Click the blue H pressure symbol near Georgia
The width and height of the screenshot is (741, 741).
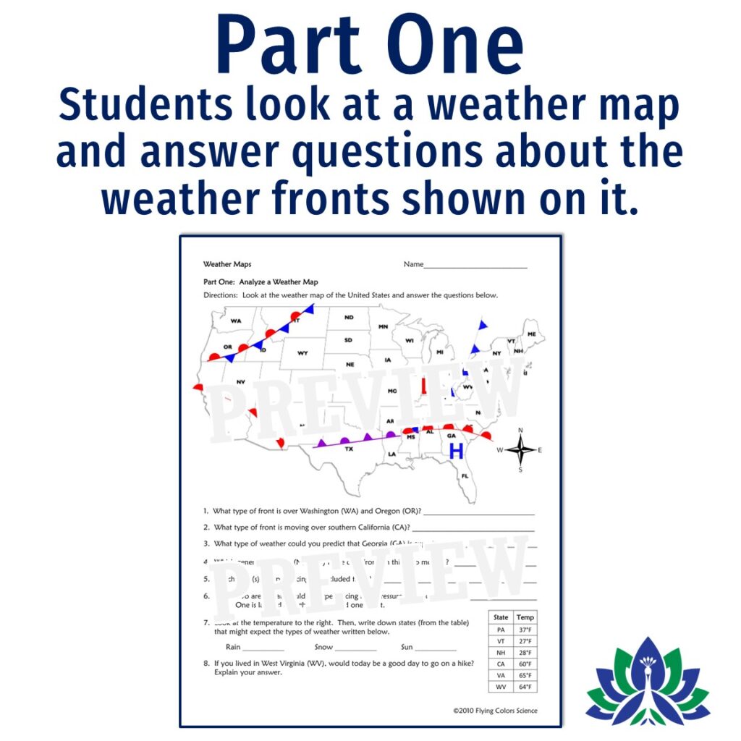(456, 452)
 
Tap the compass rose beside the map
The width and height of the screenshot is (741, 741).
(520, 449)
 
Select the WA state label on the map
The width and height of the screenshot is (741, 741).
(236, 321)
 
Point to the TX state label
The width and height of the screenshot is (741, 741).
(349, 449)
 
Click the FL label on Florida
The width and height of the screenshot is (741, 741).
(465, 476)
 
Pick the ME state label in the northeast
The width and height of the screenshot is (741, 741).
(532, 334)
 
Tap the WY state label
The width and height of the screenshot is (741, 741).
(302, 353)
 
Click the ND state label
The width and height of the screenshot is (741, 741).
(349, 317)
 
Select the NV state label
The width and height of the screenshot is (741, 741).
(241, 381)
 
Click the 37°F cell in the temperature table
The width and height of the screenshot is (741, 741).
(525, 630)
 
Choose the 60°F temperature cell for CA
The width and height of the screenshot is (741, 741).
(525, 664)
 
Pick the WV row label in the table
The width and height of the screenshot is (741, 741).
(501, 687)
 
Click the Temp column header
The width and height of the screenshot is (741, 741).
(525, 617)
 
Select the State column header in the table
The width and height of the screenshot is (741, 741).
(501, 617)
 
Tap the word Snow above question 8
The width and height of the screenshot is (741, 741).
(323, 647)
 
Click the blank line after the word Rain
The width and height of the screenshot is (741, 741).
(263, 648)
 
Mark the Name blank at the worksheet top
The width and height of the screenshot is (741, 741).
(475, 266)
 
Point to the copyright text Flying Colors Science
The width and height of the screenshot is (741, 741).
(495, 711)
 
